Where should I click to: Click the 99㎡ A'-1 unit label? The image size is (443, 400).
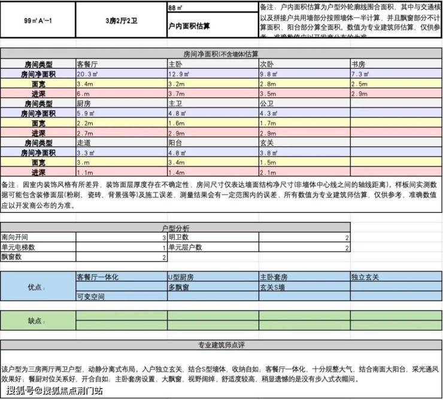pos(37,20)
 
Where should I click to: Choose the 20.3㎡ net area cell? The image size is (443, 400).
pos(90,74)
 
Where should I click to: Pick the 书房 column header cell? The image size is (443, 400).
pos(359,64)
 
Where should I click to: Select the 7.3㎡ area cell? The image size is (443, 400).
pos(360,74)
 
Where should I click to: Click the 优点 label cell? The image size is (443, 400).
pos(38,286)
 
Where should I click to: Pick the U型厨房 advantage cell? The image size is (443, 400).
pos(180,277)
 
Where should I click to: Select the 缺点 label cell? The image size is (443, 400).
pos(37,320)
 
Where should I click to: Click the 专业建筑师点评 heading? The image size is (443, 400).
pos(221,345)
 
